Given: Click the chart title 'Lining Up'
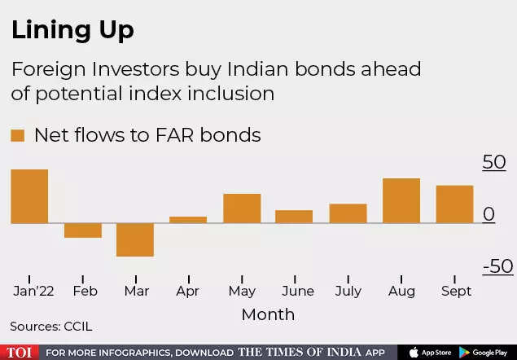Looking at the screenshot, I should [72, 30].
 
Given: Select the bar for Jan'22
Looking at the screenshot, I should [29, 195].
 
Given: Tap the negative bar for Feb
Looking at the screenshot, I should [83, 230].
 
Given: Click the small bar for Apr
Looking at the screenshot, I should [188, 219].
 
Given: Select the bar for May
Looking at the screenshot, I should [242, 208].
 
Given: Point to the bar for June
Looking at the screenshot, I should [294, 216].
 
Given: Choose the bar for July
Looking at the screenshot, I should [348, 213].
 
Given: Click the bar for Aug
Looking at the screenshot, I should [401, 200].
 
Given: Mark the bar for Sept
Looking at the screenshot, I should [454, 204].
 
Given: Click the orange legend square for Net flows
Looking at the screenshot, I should [17, 135].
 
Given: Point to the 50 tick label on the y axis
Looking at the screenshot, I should [494, 163].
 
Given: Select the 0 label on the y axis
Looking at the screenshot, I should [489, 214].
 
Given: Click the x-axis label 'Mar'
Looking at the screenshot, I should [135, 291].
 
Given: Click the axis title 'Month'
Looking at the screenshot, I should [268, 314].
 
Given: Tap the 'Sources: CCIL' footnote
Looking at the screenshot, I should [51, 327].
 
